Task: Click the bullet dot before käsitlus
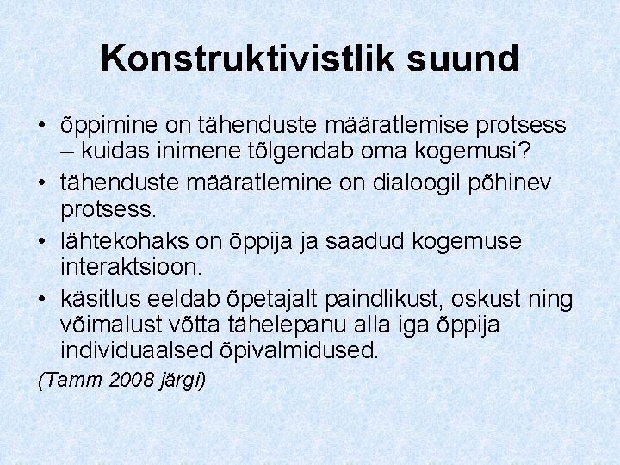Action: (42, 299)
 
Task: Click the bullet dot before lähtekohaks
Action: (42, 241)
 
